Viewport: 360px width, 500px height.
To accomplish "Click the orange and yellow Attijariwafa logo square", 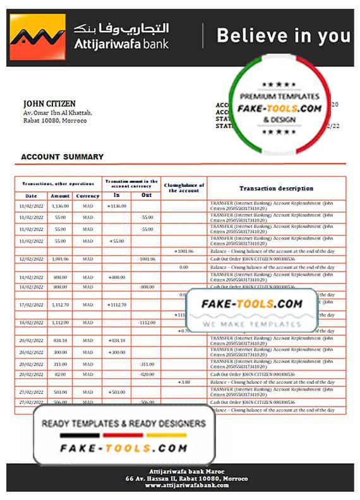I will (x=37, y=38).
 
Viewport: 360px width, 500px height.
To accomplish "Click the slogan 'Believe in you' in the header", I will (x=283, y=36).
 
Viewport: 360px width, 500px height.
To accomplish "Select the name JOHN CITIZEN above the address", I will (x=49, y=104).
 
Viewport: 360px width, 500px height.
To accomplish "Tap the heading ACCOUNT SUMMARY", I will (x=62, y=157).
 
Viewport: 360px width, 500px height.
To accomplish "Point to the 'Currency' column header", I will (x=88, y=196).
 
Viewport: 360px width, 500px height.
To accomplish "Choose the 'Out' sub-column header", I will (x=147, y=195).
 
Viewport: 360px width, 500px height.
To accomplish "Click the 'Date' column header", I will (x=31, y=196).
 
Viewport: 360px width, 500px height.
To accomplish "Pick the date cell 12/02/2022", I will (x=31, y=259).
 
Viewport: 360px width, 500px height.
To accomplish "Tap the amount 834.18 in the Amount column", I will (x=60, y=340).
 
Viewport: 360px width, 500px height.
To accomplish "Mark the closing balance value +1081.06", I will (x=184, y=251).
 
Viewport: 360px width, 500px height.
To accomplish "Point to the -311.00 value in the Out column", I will (x=147, y=364).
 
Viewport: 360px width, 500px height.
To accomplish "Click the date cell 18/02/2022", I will (x=31, y=323).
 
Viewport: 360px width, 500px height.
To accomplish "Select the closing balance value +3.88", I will (x=184, y=382).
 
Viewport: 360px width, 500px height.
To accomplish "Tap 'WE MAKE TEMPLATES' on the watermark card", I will (x=252, y=324).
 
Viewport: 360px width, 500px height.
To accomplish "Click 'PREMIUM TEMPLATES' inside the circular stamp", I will (x=275, y=96).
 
